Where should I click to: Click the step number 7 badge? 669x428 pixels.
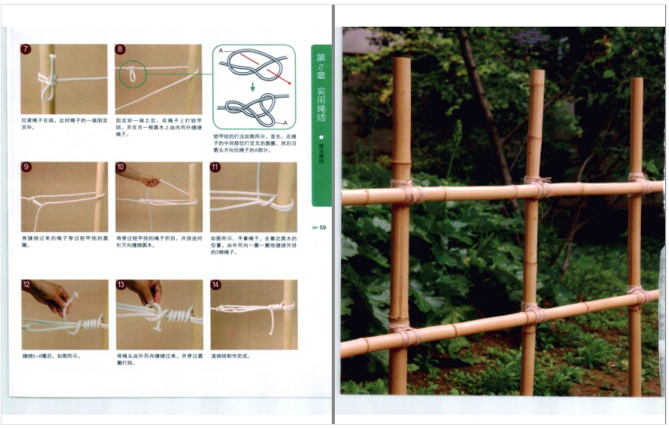pos(25,49)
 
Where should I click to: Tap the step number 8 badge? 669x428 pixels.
pos(120,49)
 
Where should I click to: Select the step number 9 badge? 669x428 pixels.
pos(25,167)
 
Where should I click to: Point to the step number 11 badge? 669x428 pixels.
pos(215,167)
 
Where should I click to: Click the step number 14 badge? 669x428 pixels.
pos(216,285)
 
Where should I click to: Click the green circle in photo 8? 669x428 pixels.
pos(133,74)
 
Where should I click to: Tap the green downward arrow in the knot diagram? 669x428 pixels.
pos(252,87)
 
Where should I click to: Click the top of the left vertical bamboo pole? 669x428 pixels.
pos(401,61)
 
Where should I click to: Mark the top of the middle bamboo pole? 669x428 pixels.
pos(536,73)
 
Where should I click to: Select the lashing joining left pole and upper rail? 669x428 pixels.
pos(405,190)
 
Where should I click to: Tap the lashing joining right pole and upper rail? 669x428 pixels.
pos(638,183)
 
